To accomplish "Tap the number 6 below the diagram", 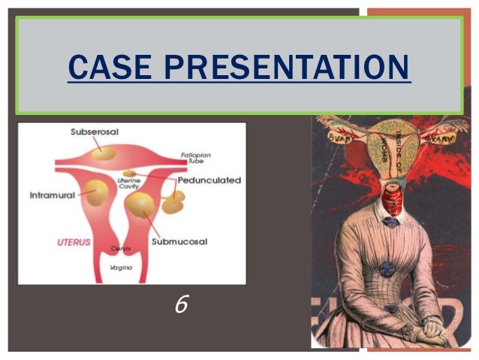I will coord(180,304).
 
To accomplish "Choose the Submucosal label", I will coord(179,241).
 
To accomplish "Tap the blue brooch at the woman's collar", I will coord(391,222).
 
